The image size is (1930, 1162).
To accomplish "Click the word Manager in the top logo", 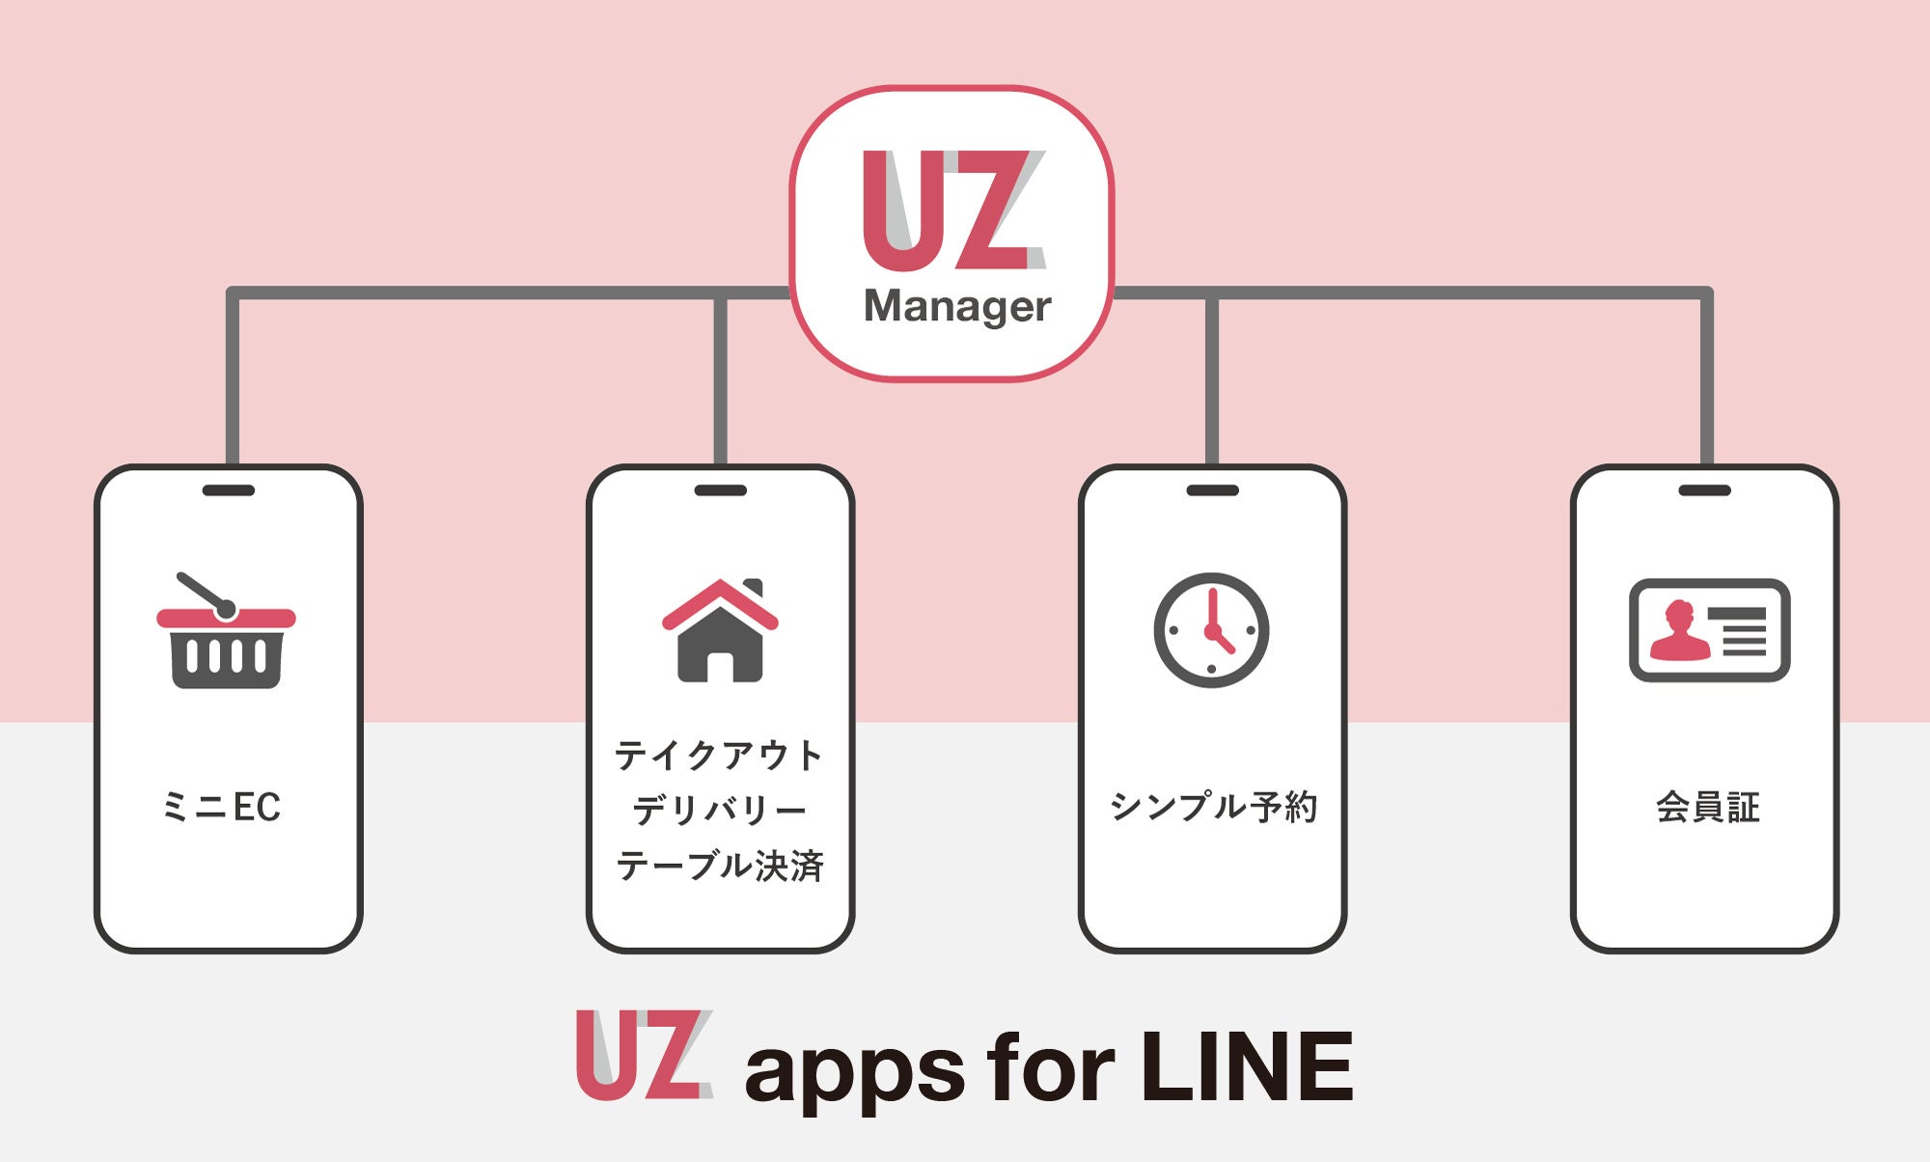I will (956, 307).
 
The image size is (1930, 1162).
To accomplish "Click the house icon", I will (720, 631).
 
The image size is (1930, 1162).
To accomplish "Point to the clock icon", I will (1211, 630).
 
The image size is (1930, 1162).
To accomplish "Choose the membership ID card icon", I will (1709, 630).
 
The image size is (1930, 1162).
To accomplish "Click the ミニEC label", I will (222, 807).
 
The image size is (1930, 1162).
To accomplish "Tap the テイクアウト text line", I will (719, 755).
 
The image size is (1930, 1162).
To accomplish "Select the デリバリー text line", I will (719, 810).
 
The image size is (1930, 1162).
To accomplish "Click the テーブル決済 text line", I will (720, 865).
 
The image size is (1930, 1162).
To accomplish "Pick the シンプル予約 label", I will (1213, 806).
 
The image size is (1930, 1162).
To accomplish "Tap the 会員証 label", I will (1708, 807).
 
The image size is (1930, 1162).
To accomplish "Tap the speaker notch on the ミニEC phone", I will (229, 490).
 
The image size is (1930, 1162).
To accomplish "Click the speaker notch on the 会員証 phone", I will (1704, 490).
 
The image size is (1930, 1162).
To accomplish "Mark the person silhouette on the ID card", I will (1679, 632).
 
